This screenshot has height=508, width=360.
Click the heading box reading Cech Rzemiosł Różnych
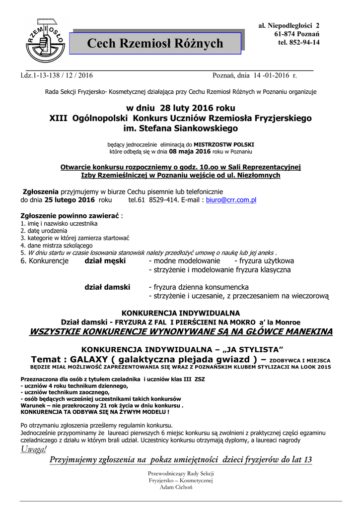pos(155,44)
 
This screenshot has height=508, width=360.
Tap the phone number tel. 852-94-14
pos(299,43)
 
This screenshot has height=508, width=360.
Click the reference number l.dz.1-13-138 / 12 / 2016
pos(56,76)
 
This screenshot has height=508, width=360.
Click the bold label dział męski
pos(105,260)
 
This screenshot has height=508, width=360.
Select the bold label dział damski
pos(107,287)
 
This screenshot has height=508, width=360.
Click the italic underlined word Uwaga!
pos(34,449)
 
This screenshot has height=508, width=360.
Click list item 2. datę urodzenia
pos(43,231)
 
